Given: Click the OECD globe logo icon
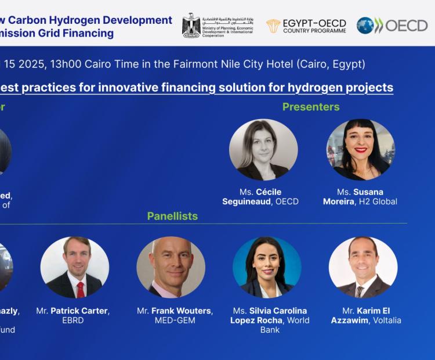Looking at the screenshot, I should (x=365, y=25).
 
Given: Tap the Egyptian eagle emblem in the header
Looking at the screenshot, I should (x=191, y=25).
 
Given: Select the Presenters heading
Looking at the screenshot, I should (x=311, y=107).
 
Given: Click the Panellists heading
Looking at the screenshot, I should (x=172, y=216).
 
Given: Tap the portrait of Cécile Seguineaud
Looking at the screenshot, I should (x=263, y=150).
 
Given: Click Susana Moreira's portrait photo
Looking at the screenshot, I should (x=360, y=150).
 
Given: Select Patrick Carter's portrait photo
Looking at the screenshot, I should (x=75, y=267).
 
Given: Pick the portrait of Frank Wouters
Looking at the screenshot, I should (x=171, y=267).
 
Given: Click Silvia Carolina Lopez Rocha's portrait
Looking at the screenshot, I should (x=267, y=267).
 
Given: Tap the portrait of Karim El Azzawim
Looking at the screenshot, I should (x=363, y=267).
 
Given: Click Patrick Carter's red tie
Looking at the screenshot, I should (x=81, y=289).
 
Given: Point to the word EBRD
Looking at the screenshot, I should (x=73, y=321).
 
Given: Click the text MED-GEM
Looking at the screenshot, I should (x=175, y=321).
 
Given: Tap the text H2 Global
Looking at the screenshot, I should (x=379, y=201).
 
